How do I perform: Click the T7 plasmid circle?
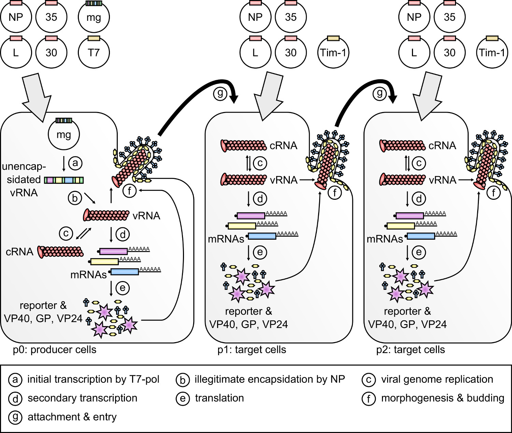94,53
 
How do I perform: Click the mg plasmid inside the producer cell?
64,135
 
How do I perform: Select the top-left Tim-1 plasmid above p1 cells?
333,53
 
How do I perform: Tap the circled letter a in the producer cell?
75,163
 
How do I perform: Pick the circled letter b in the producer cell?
75,198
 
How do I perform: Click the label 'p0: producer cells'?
55,350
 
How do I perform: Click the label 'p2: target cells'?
411,350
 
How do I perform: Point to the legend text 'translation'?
219,398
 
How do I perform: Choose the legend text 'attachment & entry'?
72,417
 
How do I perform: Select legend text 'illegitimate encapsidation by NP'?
270,379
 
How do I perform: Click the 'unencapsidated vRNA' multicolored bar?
64,180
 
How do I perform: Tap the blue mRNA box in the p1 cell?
262,236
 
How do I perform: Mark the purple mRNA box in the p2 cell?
410,216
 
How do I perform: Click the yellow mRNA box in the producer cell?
104,262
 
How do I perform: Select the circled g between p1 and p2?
380,93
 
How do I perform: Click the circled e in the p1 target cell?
260,252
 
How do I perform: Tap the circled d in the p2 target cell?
419,199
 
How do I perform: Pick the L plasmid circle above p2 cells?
414,53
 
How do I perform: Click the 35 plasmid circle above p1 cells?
291,17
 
